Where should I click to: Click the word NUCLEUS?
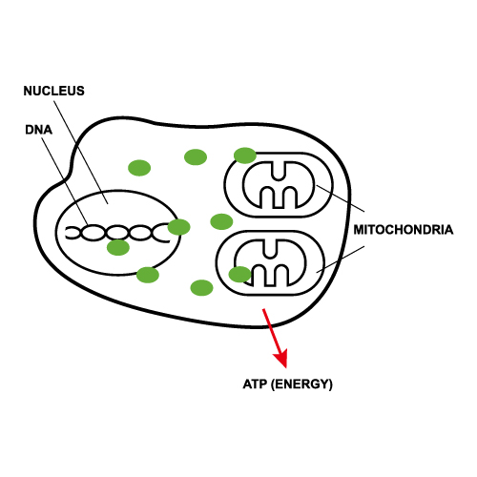point(54,91)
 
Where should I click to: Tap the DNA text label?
point(38,130)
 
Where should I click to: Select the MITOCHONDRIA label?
point(404,230)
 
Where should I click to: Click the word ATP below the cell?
point(255,384)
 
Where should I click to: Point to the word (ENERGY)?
point(301,384)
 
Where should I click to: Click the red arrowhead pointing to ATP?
point(280,358)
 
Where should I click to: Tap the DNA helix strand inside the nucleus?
point(117,233)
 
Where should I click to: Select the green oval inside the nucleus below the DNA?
point(118,248)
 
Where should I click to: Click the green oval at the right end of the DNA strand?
point(179,227)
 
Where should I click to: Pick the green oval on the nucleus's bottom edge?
point(148,275)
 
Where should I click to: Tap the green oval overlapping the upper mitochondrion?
point(245,156)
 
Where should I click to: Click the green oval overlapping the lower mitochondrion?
point(240,275)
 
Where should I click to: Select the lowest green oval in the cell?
point(201,288)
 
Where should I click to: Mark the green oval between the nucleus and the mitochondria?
point(221,221)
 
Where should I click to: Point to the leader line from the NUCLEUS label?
point(81,153)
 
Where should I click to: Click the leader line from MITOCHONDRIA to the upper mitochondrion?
point(341,198)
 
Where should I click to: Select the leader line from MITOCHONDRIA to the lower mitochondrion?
point(341,259)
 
